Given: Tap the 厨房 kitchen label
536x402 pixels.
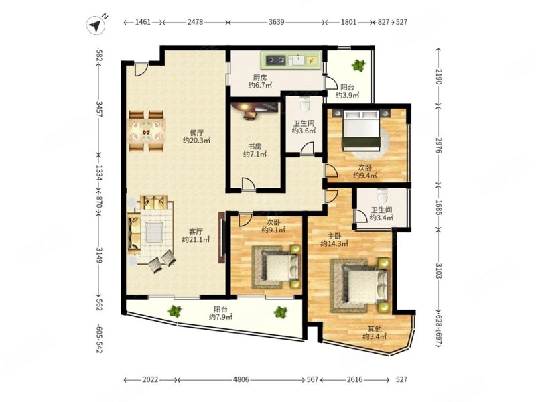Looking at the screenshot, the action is [260, 78].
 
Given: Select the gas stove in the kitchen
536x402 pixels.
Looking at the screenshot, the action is [276, 60].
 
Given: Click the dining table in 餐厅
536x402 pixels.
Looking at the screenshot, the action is [146, 131].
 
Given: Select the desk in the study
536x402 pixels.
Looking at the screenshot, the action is [255, 109].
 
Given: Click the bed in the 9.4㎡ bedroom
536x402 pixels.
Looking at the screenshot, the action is [362, 129].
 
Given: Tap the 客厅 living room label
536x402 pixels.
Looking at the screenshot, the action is [196, 231].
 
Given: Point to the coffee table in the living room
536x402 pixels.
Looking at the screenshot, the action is [154, 232].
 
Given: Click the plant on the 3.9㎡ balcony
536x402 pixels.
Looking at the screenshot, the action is [358, 64].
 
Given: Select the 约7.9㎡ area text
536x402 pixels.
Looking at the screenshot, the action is [221, 317].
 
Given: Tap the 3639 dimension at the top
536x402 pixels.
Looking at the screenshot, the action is [276, 22].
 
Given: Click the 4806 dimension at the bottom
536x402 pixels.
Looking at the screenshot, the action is [241, 379].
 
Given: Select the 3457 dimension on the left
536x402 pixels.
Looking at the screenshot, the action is [99, 109].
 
